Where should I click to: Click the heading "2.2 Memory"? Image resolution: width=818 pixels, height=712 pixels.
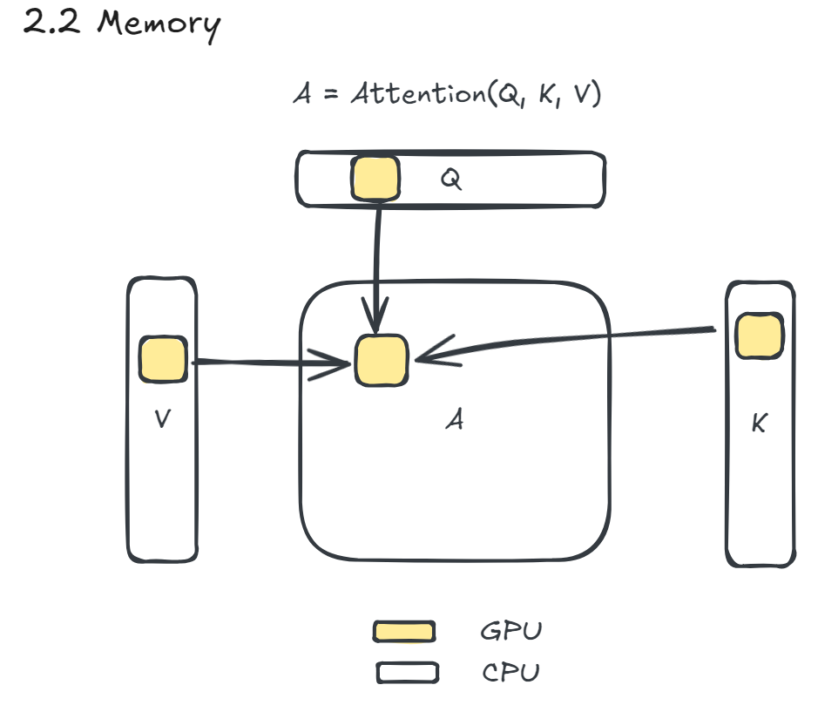[121, 24]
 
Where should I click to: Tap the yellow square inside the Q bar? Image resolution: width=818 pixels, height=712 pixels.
[375, 179]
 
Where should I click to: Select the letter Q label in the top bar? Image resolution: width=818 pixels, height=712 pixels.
[450, 180]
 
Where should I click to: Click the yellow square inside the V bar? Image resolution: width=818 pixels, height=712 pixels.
[163, 361]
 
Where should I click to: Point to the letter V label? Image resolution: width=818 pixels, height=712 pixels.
[162, 419]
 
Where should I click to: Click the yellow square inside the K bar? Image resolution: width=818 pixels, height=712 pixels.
[758, 336]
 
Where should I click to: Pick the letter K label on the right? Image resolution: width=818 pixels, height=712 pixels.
[759, 425]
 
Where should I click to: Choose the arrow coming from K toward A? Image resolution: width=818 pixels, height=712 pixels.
[566, 341]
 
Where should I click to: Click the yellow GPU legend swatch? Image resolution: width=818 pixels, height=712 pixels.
[404, 631]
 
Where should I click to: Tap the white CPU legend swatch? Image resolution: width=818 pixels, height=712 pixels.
[406, 673]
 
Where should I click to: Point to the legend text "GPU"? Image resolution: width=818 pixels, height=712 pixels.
[510, 630]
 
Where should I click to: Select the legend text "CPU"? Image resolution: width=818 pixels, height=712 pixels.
[510, 673]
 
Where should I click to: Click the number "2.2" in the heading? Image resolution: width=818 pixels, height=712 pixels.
[53, 24]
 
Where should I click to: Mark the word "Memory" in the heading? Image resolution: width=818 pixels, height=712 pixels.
[158, 24]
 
